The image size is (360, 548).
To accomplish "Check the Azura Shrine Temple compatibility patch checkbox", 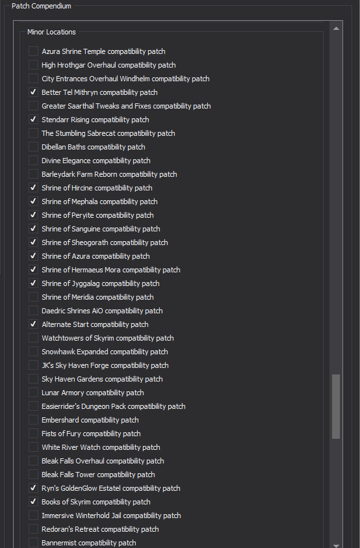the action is tap(33, 51).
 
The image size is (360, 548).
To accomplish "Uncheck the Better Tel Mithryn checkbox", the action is tap(33, 92).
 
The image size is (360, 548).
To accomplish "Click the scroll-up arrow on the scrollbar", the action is tap(336, 29).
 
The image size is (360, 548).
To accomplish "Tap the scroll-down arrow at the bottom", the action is tap(336, 545).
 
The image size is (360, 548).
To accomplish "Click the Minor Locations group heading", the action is tap(51, 32).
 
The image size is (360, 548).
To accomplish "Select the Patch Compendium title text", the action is tap(41, 6).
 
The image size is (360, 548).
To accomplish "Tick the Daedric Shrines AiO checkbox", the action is tap(33, 310).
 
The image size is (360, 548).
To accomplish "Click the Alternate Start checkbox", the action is tap(33, 324).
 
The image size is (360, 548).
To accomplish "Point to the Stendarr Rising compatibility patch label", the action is tap(96, 120).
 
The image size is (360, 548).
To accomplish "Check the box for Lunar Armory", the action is tap(33, 392).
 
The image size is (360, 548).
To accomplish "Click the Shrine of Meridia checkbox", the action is tap(33, 296).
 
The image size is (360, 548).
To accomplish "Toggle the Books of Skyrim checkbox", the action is tap(33, 501).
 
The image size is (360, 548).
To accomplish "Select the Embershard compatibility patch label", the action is tap(90, 420).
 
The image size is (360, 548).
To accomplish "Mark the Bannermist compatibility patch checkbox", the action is tap(33, 542).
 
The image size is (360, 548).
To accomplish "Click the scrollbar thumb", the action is tap(336, 406).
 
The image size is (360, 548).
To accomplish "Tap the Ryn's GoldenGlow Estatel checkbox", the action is tap(33, 488).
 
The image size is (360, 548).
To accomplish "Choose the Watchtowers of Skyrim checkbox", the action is tap(33, 337).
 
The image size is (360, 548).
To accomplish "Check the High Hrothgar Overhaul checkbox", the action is tap(33, 64).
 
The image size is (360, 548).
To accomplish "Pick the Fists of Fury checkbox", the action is tap(33, 434).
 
